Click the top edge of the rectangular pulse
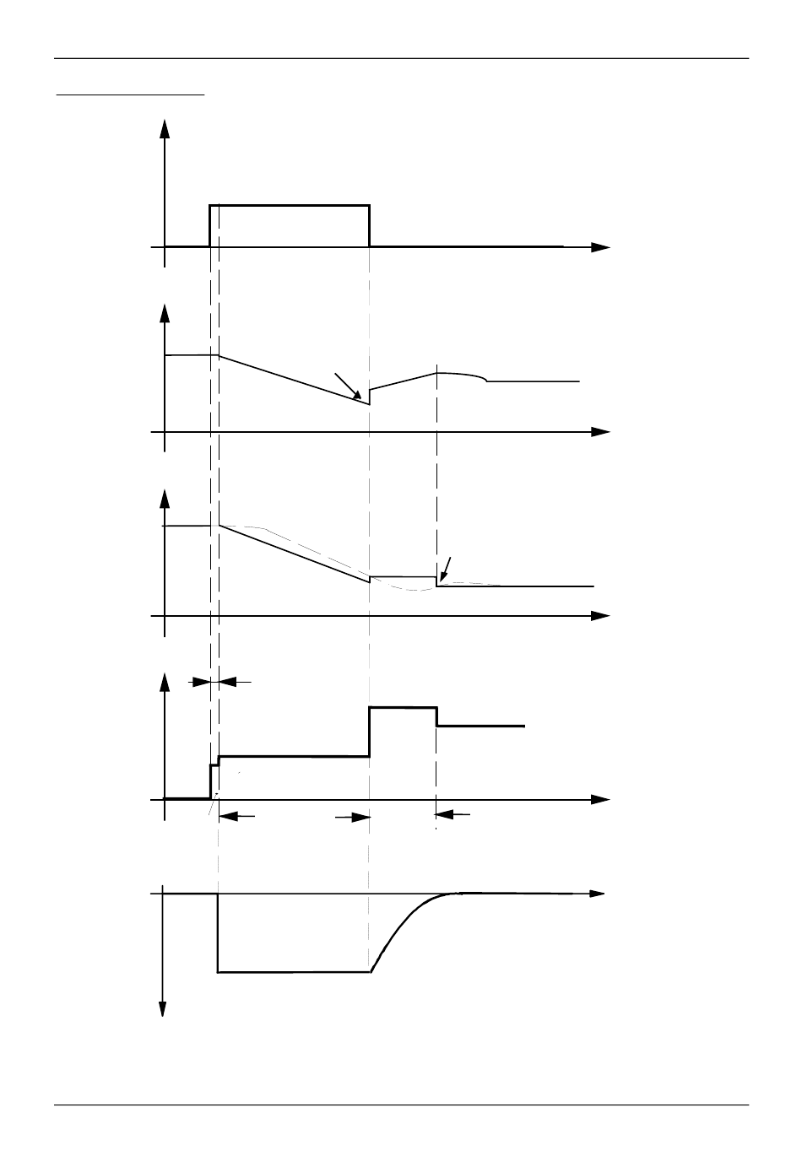290,205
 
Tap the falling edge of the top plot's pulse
370,226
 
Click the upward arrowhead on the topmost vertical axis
165,127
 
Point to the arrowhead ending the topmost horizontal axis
600,247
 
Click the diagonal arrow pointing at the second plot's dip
349,386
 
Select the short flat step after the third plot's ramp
404,576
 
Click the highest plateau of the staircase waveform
403,708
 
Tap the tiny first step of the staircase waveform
214,764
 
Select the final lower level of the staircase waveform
480,726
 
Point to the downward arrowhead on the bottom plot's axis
163,1009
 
